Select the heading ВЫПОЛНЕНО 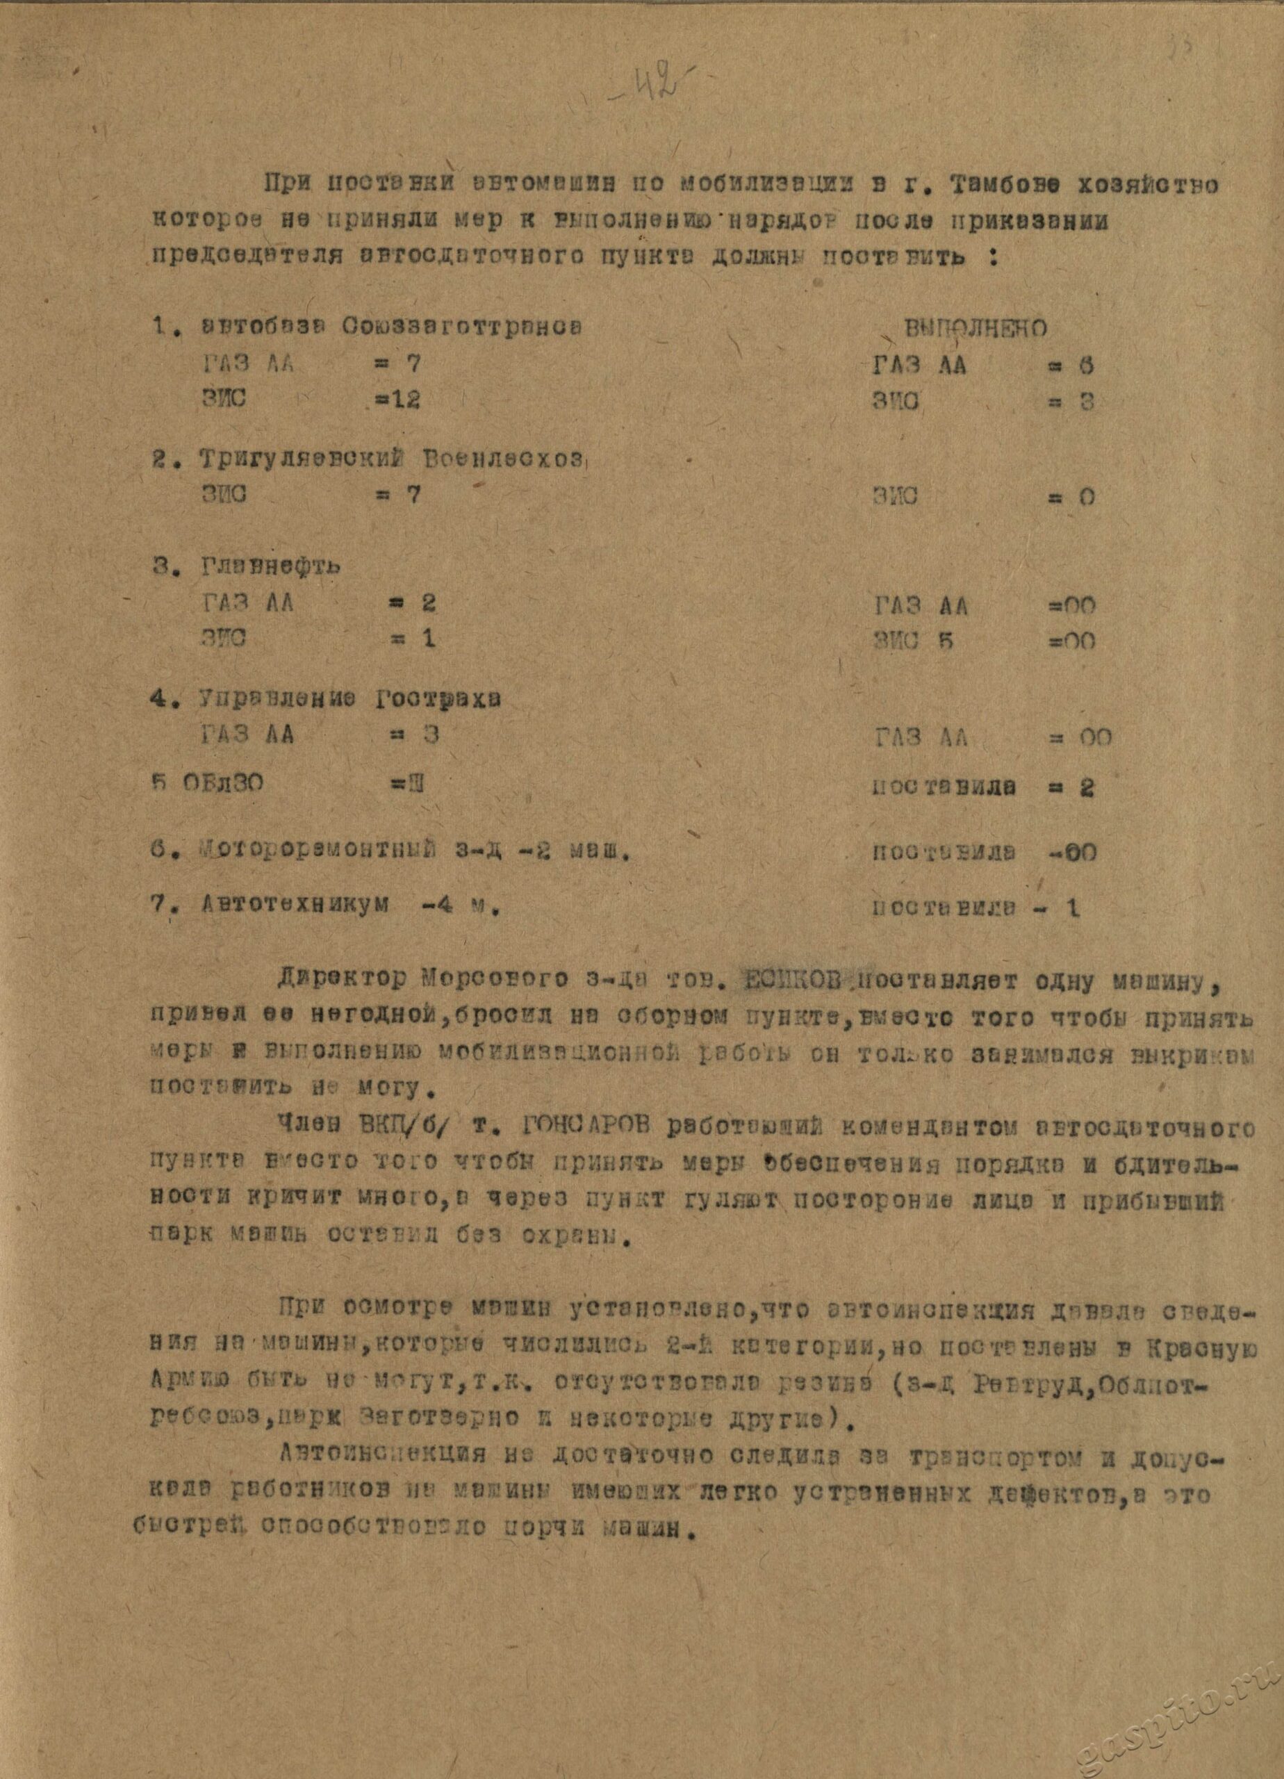pos(976,328)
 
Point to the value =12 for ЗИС pos(397,400)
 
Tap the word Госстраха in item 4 pos(437,699)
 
